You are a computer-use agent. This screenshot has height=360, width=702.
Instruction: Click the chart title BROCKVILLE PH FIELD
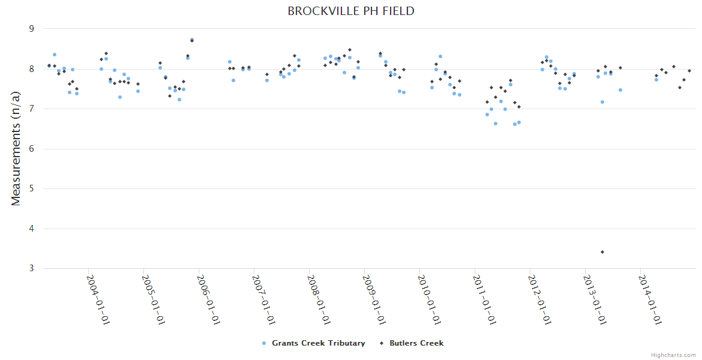click(351, 11)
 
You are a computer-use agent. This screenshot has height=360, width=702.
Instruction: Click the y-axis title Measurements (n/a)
click(16, 149)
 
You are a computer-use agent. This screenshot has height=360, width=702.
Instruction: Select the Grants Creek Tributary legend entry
click(318, 343)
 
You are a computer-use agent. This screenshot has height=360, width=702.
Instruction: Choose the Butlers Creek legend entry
click(416, 343)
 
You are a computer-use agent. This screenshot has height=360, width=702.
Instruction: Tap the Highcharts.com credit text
click(673, 355)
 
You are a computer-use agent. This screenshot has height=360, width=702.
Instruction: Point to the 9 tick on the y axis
click(32, 29)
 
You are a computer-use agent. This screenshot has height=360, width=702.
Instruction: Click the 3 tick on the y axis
click(32, 268)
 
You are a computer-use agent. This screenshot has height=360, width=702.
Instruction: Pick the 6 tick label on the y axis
click(32, 149)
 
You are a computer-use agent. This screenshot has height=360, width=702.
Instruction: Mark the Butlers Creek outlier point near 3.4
click(602, 252)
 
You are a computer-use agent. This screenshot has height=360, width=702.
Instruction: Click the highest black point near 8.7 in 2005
click(192, 41)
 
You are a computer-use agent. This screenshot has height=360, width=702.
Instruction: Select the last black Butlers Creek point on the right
click(689, 71)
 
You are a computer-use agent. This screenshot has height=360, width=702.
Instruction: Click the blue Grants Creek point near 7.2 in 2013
click(602, 102)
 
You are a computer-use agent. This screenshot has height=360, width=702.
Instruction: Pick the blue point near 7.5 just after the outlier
click(620, 90)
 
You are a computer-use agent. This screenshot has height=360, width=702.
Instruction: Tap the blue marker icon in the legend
click(264, 343)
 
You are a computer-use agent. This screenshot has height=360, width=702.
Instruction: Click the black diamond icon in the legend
click(382, 343)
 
